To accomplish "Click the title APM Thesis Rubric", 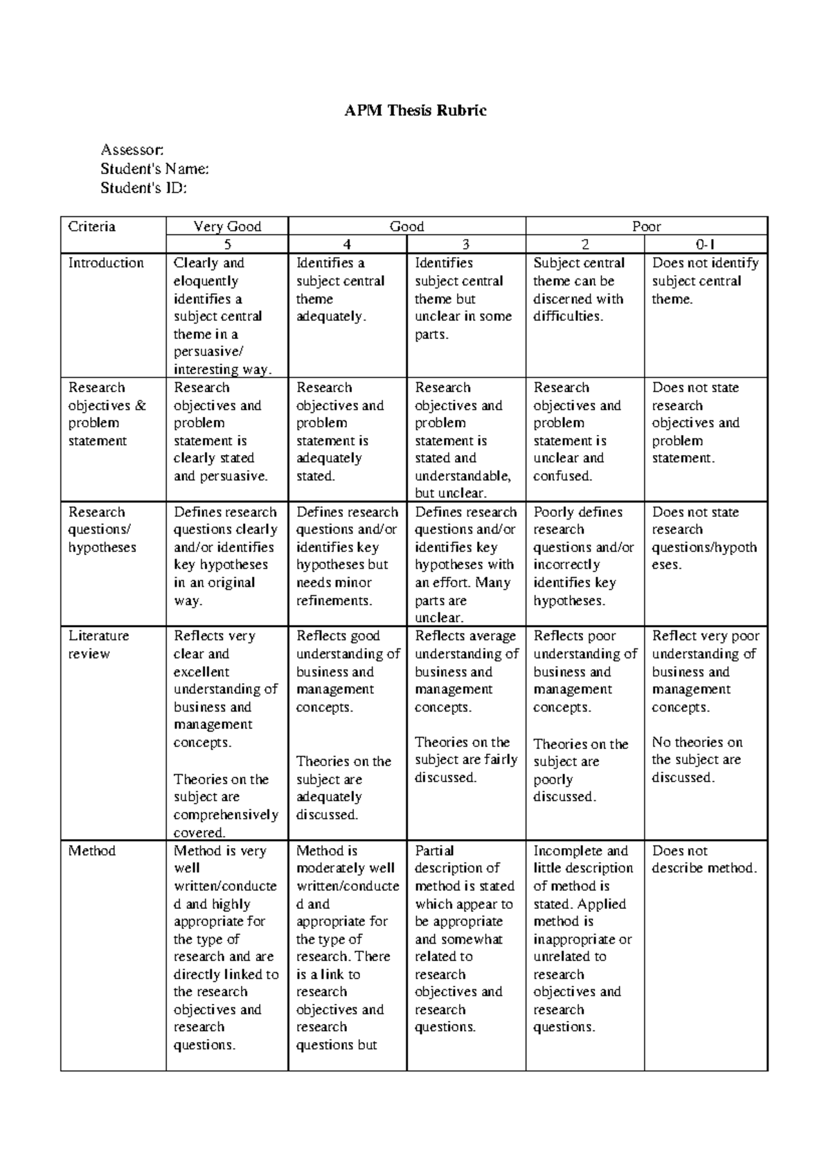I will [415, 110].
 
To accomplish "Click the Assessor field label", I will [132, 150].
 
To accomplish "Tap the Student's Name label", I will [154, 169].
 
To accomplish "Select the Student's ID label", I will [143, 188].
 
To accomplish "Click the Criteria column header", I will [92, 227].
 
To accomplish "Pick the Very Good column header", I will [227, 227].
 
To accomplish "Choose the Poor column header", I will [646, 227].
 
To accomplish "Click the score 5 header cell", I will [227, 245].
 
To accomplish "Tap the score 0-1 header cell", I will [706, 245].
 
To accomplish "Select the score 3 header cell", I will [466, 245].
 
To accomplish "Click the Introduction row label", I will [106, 263].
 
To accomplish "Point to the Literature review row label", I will [98, 645].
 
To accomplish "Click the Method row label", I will [91, 851].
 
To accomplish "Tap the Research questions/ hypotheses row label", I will [102, 530].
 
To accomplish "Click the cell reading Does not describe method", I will [704, 860].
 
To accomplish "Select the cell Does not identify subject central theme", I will [705, 281].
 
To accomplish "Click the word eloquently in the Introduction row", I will [206, 281].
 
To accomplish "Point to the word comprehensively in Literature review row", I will [226, 815].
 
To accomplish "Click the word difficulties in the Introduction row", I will [568, 317].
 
